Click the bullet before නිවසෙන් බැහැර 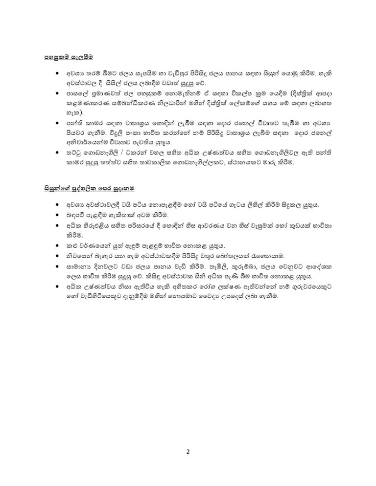58,256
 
